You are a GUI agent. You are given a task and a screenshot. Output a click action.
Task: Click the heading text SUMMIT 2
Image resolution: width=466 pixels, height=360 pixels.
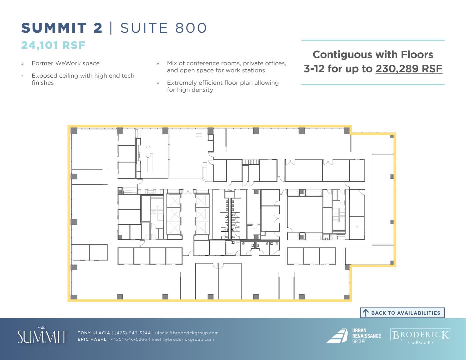click(62, 28)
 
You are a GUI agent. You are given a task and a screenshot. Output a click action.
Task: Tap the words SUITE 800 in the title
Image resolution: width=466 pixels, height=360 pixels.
click(164, 28)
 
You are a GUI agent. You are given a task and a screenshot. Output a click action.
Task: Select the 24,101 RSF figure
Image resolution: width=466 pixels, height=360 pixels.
click(53, 45)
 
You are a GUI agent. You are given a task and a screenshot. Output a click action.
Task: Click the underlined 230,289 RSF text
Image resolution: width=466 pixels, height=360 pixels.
click(409, 69)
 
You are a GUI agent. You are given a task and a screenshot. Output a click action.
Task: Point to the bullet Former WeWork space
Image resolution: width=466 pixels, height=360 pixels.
click(66, 63)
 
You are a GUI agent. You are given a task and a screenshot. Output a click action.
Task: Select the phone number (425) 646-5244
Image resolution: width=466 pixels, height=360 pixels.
click(132, 333)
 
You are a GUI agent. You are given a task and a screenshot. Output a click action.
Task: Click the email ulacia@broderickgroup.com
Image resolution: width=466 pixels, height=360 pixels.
click(187, 333)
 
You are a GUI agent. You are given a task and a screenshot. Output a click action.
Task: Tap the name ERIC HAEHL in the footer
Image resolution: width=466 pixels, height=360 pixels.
click(92, 339)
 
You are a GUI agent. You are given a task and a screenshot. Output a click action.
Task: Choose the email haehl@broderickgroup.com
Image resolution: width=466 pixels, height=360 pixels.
click(183, 339)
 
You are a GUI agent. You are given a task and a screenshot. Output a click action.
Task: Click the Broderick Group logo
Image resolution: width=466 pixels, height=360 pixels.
click(421, 336)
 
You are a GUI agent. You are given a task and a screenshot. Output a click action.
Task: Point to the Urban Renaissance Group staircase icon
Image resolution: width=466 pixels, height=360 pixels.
click(337, 336)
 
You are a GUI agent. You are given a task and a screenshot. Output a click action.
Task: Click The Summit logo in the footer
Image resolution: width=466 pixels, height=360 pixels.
click(42, 335)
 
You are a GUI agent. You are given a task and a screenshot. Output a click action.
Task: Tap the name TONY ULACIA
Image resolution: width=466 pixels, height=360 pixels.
click(94, 333)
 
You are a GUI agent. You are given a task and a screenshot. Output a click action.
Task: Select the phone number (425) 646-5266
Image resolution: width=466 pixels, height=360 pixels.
click(129, 339)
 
